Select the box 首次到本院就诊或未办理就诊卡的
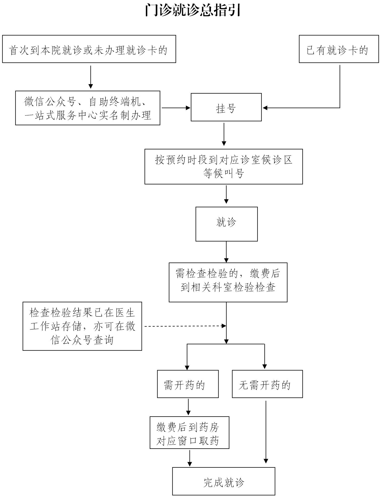click(89, 49)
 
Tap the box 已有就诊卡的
click(339, 49)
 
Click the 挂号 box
click(226, 107)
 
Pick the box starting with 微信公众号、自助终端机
click(88, 108)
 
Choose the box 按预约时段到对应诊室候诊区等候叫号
click(224, 166)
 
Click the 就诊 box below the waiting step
click(226, 224)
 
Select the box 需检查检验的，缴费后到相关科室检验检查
click(228, 282)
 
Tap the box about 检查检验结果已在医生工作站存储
click(82, 326)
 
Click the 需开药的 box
click(188, 384)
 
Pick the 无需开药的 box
click(267, 384)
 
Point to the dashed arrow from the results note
click(186, 326)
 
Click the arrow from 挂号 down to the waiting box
click(224, 134)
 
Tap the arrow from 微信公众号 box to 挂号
click(176, 108)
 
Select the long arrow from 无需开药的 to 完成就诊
click(266, 432)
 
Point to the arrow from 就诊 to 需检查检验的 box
click(226, 252)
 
